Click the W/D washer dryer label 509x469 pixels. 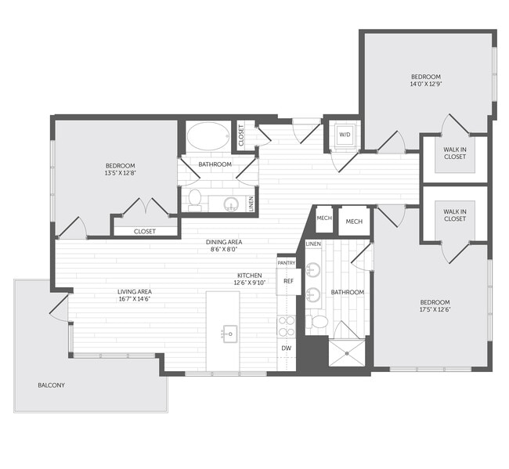click(x=344, y=135)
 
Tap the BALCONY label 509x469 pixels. click(x=52, y=385)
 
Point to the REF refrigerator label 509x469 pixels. click(x=288, y=281)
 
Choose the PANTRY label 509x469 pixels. click(x=286, y=263)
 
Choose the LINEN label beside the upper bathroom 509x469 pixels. click(x=251, y=204)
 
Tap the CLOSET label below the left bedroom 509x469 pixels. click(x=145, y=231)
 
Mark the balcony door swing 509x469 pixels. click(x=60, y=307)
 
